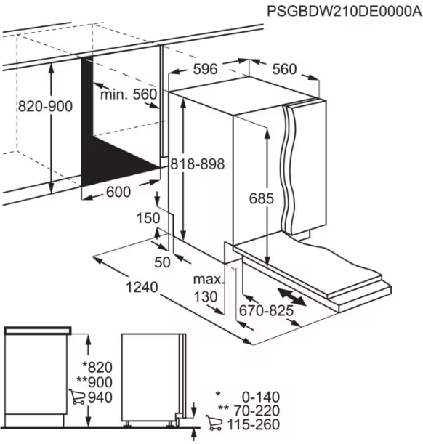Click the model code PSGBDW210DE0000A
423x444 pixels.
(345, 12)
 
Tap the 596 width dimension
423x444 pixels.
(205, 69)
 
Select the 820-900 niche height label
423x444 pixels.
(45, 107)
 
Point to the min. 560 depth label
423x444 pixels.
(129, 94)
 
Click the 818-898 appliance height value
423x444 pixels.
(198, 164)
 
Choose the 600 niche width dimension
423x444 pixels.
(118, 192)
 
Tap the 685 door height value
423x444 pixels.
(262, 198)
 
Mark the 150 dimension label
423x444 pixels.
(148, 218)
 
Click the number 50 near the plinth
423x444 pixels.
(162, 262)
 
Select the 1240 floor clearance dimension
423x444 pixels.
(142, 288)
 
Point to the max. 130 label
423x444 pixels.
(209, 288)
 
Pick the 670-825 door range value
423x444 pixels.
(266, 310)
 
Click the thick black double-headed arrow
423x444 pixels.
(291, 296)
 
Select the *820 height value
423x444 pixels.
(97, 367)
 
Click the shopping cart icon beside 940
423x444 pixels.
(77, 397)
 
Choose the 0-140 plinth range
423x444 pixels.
(261, 397)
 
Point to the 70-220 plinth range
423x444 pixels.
(257, 411)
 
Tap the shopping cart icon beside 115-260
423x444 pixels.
(214, 423)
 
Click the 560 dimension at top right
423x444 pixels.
(285, 69)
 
